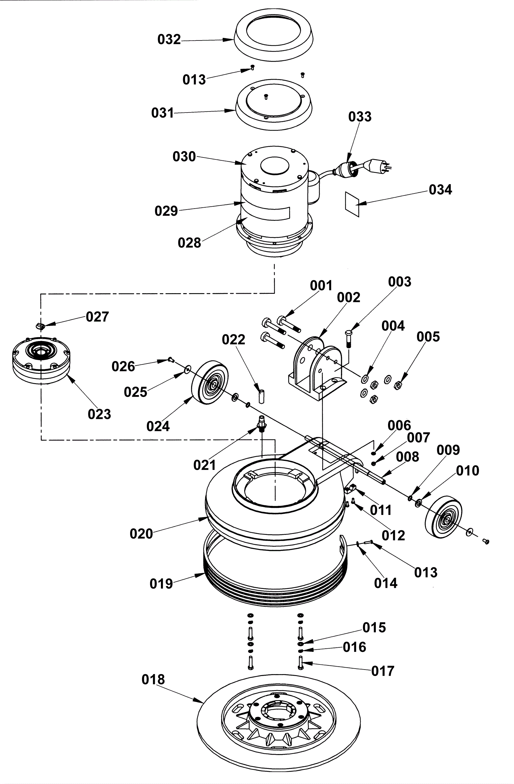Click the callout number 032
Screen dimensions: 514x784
point(169,40)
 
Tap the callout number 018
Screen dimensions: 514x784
point(153,679)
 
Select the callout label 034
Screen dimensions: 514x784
point(440,189)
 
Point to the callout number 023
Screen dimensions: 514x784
point(99,414)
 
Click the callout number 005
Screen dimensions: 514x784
point(428,337)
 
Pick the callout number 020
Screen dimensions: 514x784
point(141,534)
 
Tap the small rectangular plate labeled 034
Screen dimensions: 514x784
point(352,204)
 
